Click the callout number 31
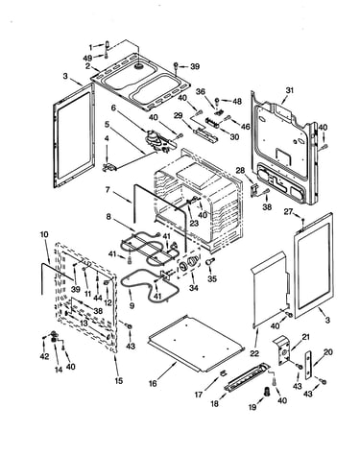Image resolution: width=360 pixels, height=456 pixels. click(x=289, y=90)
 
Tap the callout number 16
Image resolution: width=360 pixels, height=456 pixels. click(x=153, y=383)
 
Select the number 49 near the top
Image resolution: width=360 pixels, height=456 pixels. click(x=87, y=58)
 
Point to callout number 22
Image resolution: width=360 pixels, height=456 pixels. click(x=254, y=353)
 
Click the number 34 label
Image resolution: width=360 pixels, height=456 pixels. click(x=193, y=288)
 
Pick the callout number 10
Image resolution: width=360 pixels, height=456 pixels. click(x=44, y=234)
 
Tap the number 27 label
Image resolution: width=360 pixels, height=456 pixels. click(x=288, y=212)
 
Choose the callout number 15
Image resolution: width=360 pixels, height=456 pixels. click(x=119, y=381)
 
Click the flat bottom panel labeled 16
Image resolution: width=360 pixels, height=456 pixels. click(x=196, y=344)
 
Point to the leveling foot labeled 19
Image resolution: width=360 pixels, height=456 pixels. click(x=265, y=391)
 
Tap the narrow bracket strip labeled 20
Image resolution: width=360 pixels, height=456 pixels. click(x=308, y=365)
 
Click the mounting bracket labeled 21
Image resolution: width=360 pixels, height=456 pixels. click(x=282, y=350)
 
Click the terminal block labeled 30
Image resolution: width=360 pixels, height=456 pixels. click(x=212, y=122)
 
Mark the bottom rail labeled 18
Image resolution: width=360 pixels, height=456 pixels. click(x=248, y=377)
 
